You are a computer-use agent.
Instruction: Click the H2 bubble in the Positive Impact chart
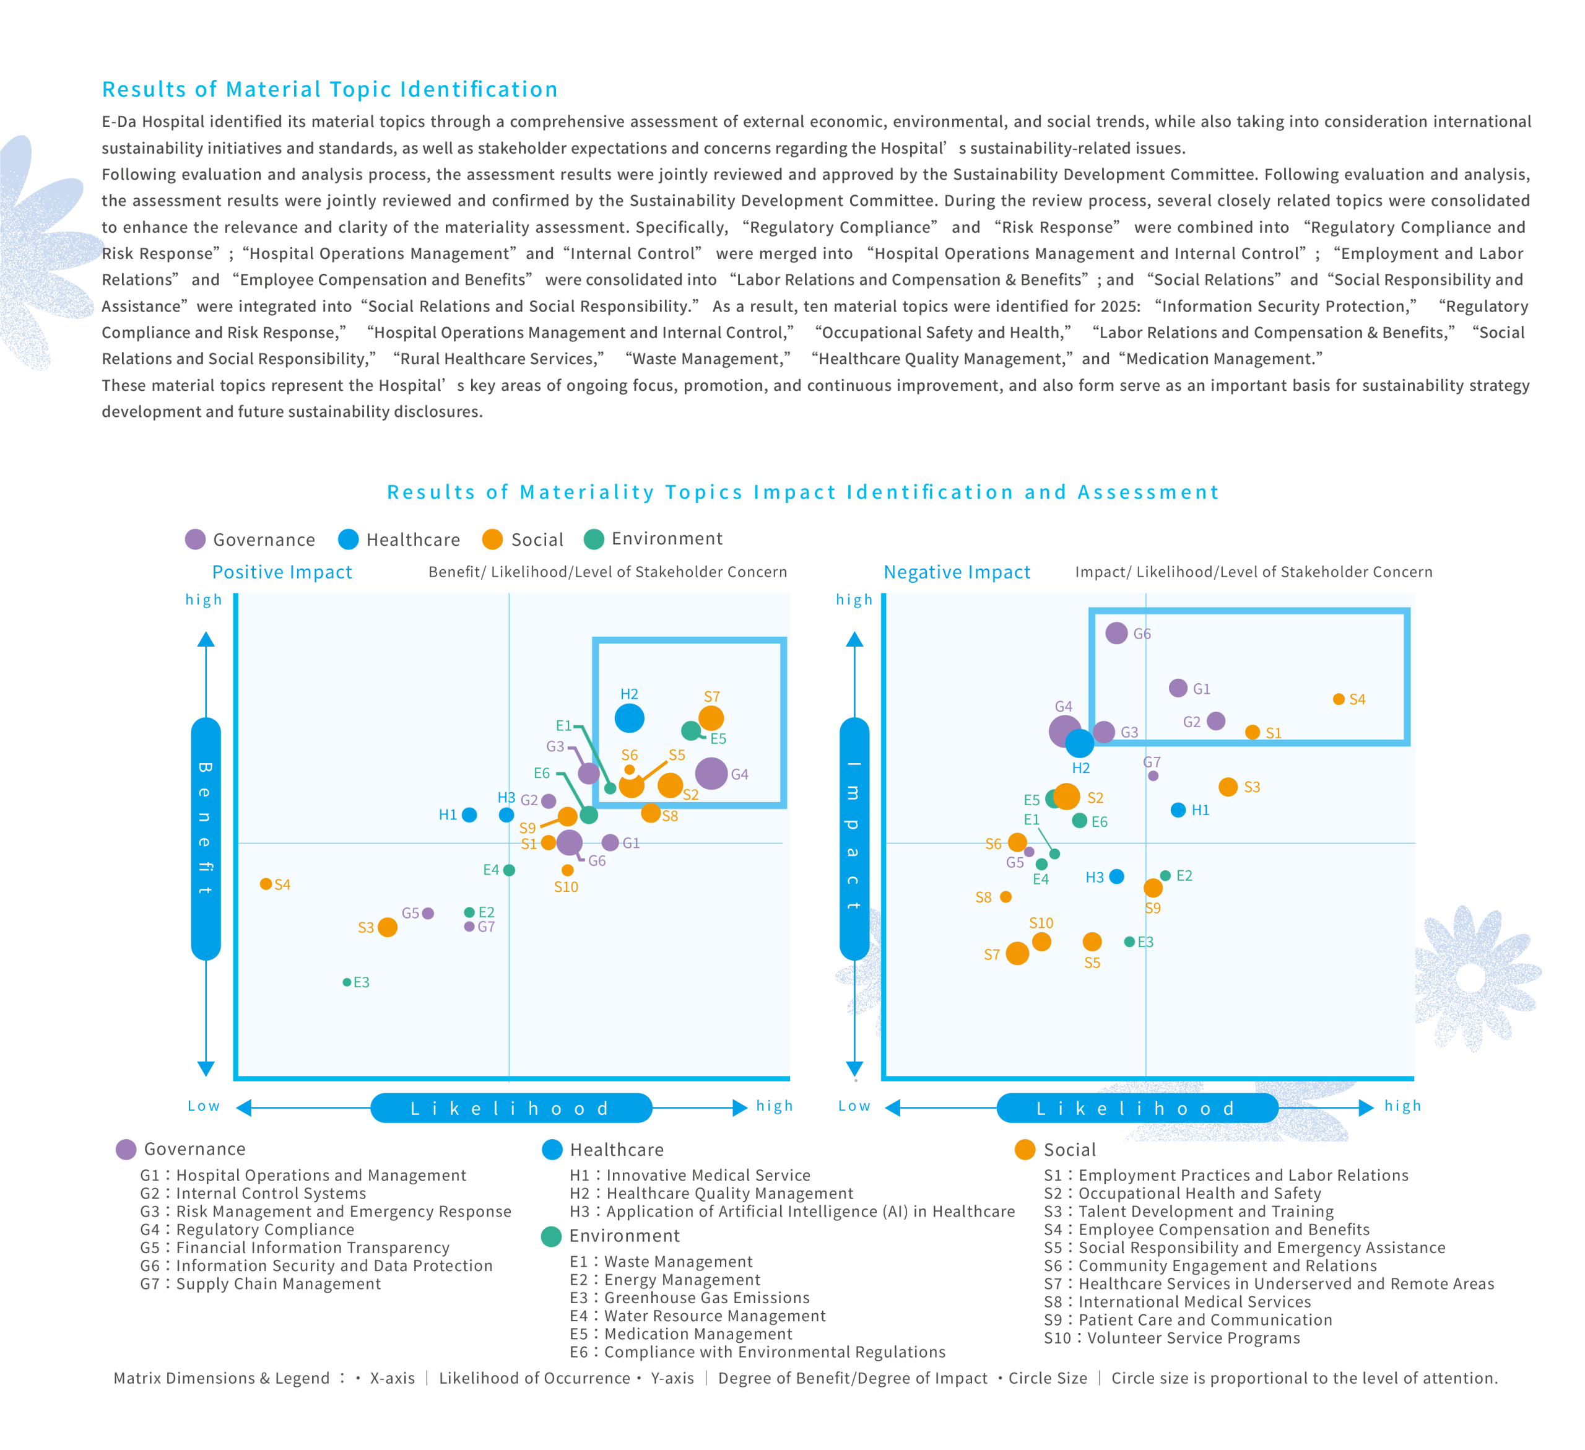tap(629, 718)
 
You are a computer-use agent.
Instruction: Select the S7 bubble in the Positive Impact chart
tap(711, 718)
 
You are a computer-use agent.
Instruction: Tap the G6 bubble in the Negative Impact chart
tap(1116, 633)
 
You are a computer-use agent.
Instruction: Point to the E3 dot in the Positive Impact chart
tap(347, 982)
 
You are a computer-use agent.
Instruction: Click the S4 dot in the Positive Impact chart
tap(266, 884)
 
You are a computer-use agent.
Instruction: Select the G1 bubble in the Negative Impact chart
tap(1178, 688)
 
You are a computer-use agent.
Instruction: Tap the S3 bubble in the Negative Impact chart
tap(1228, 787)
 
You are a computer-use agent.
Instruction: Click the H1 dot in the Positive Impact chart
tap(469, 815)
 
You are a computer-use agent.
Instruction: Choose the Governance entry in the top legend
tap(250, 539)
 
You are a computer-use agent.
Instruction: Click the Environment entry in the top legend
tap(653, 539)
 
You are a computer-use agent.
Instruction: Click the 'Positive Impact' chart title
tap(282, 572)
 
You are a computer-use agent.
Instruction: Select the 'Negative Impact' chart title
tap(957, 572)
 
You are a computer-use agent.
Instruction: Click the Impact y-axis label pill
tap(854, 838)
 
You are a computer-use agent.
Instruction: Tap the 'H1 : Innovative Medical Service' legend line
tap(690, 1175)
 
